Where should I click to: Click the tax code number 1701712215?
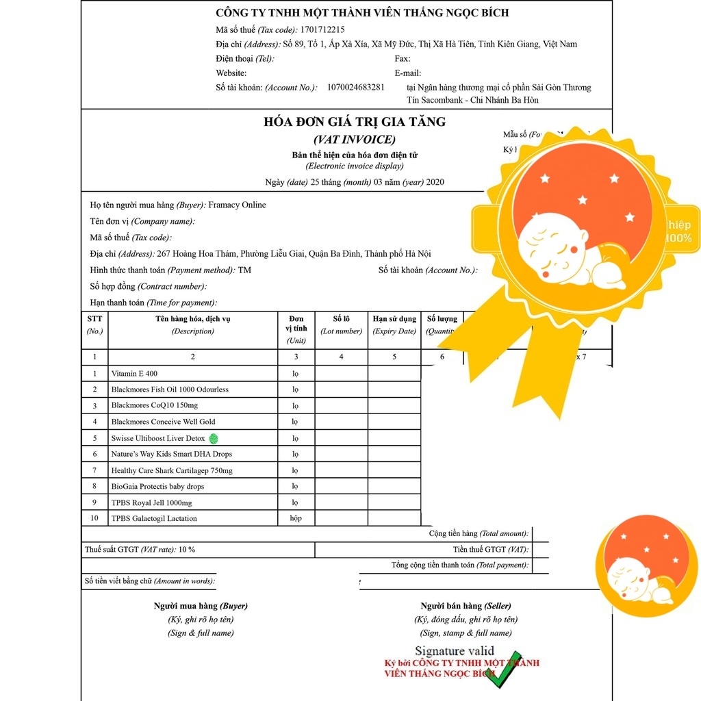coord(322,29)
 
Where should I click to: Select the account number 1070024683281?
coord(356,87)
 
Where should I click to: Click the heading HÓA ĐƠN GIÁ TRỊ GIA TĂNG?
coord(355,122)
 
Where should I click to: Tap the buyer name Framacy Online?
coord(237,205)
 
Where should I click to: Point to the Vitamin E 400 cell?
coord(134,373)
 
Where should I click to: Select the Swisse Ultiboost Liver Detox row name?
coord(158,438)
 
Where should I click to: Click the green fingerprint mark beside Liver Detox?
coord(213,438)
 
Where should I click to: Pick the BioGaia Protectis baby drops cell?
coord(157,486)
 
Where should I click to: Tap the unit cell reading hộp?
coord(296,518)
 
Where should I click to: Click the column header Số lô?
coord(341,319)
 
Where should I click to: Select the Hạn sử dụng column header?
coord(394,319)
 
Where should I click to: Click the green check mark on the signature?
coord(504,669)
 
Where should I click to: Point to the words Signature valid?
coord(455,651)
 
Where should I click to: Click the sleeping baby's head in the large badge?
coord(552,239)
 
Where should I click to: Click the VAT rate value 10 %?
coord(187,549)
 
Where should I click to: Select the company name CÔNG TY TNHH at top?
coord(362,12)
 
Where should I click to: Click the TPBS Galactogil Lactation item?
coord(154,518)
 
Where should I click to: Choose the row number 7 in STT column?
coord(94,470)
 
